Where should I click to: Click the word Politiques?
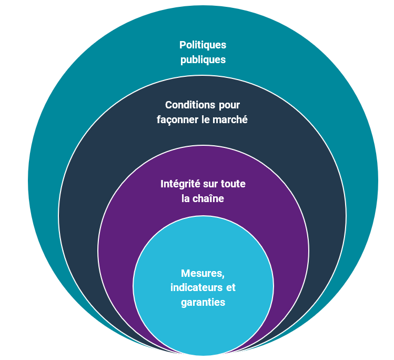[203, 45]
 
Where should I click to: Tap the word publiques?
[203, 59]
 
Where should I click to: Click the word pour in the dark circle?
[228, 105]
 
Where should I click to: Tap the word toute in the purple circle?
[233, 184]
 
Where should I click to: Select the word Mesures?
[203, 273]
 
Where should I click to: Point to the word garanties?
[203, 302]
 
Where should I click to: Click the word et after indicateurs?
[230, 288]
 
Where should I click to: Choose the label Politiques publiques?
[203, 52]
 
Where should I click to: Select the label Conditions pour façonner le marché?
[203, 112]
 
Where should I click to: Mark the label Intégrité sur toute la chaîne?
[203, 191]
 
